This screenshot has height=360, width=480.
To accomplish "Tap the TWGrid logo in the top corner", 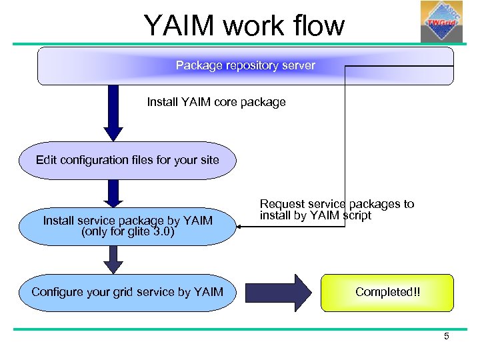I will coord(441,21).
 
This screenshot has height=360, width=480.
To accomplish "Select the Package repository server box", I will coord(245,66).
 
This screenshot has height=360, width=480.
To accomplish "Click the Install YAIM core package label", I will coord(216,102).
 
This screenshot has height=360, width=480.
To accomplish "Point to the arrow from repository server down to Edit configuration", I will coord(113,113).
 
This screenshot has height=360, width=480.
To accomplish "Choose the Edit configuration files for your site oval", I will coord(127,160).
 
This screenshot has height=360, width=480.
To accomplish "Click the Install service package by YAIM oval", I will coord(127,226).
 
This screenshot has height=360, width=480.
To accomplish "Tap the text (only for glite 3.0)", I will coord(127,232).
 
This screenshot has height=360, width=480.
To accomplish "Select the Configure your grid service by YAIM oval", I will coord(127,292).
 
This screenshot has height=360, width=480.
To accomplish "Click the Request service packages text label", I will coord(336,209).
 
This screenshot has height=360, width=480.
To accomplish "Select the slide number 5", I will coord(447,336).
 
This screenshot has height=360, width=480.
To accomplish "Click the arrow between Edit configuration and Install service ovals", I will coord(113,193).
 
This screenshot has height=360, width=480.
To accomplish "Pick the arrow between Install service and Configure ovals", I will coord(113,259).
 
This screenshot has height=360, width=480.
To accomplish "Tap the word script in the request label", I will coord(356,215).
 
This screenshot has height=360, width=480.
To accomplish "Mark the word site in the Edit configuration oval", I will coord(208,160).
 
